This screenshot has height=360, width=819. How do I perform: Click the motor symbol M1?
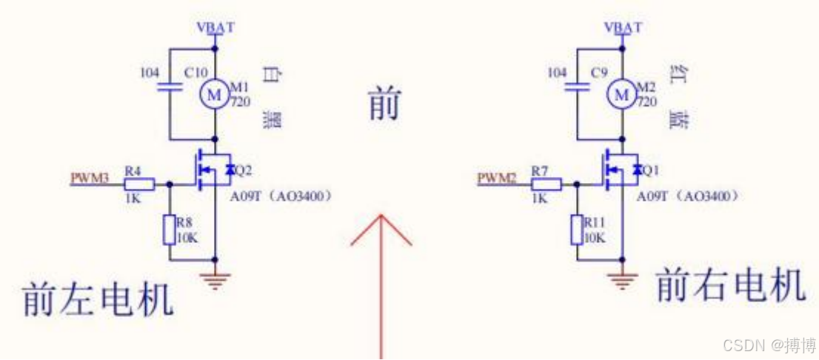click(215, 94)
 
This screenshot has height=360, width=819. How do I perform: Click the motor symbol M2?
click(622, 94)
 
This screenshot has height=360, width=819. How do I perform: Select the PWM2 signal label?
click(496, 179)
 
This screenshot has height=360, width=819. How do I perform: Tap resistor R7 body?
click(546, 184)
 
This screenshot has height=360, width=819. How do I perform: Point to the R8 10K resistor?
click(169, 230)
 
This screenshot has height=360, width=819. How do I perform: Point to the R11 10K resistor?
click(577, 230)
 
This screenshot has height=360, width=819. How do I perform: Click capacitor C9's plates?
click(577, 87)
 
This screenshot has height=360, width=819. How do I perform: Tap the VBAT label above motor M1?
click(215, 28)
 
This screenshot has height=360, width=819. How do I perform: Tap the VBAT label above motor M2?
click(623, 28)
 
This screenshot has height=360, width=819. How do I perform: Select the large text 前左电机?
click(98, 299)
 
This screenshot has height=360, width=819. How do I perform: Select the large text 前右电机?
click(730, 285)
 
